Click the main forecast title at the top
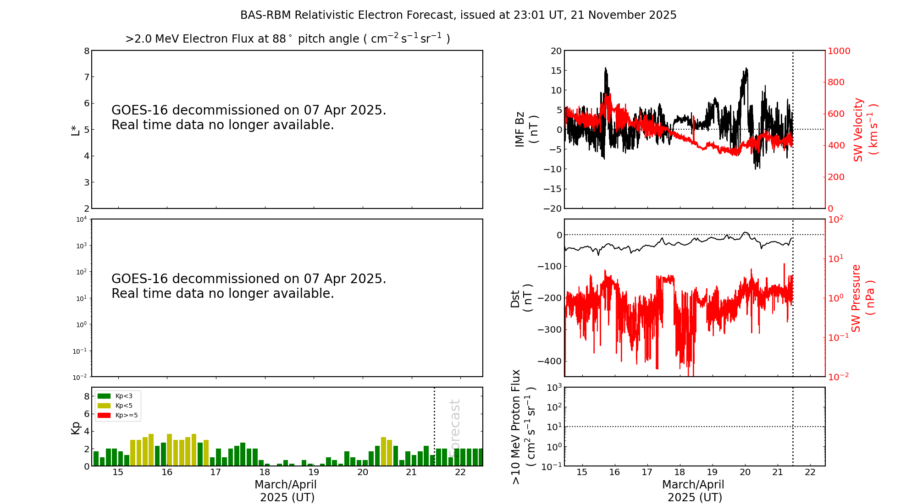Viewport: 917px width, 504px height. [458, 15]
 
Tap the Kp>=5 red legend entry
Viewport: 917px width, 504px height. [117, 416]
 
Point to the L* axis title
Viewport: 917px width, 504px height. [75, 130]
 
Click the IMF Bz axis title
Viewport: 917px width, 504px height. [526, 129]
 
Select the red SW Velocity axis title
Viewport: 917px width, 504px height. [865, 129]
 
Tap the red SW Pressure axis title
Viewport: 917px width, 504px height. [862, 298]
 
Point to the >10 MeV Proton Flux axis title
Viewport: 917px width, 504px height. [523, 427]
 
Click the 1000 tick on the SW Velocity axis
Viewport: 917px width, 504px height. [839, 51]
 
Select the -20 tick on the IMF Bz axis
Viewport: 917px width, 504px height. [552, 208]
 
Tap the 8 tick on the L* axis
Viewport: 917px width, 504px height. [87, 51]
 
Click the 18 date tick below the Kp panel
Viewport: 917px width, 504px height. [265, 472]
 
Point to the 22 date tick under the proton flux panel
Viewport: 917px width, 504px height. [810, 472]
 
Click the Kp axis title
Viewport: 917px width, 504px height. [75, 427]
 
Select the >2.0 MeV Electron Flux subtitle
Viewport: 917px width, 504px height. [287, 38]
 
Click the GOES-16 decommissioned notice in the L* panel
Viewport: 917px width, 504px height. [249, 117]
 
